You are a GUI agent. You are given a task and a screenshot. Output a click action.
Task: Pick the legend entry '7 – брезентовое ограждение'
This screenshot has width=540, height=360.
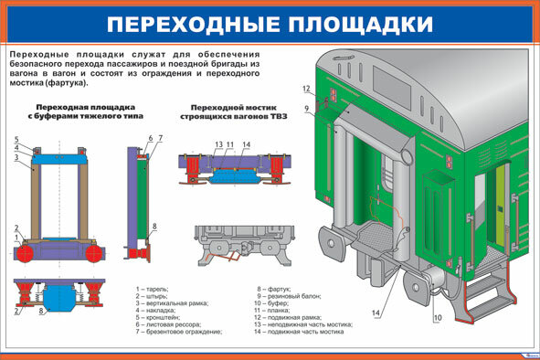point(179,332)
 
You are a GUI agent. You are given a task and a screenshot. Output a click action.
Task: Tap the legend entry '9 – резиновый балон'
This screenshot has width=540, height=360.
point(290,296)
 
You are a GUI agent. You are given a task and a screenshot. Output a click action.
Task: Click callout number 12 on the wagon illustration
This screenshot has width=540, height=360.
point(307,89)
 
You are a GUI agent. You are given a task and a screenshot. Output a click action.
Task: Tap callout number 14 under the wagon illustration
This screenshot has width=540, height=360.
point(376,313)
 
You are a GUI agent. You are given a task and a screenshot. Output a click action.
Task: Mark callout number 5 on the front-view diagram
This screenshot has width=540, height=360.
point(16,139)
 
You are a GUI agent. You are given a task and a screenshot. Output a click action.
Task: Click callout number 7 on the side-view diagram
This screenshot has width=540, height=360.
point(160,138)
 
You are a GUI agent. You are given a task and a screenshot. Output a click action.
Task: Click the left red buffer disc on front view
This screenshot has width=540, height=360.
point(27,250)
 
